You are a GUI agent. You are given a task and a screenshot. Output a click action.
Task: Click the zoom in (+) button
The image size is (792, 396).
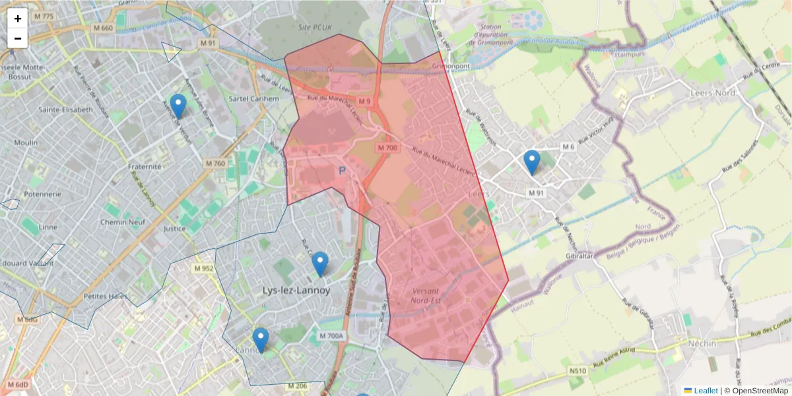(x=18, y=18)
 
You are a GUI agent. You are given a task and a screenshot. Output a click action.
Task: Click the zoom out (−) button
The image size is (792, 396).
(x=18, y=38)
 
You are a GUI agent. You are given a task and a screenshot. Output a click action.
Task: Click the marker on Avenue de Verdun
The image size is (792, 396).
(x=178, y=106)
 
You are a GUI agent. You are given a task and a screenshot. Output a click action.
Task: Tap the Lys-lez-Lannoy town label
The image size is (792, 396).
(x=296, y=290)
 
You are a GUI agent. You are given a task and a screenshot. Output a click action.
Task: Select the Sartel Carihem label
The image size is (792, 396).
(x=253, y=98)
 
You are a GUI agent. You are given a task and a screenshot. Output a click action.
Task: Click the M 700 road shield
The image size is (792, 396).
(x=387, y=148)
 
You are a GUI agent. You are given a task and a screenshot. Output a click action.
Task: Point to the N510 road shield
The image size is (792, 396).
(x=578, y=372)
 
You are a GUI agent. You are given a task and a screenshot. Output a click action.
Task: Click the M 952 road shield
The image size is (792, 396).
(x=204, y=269)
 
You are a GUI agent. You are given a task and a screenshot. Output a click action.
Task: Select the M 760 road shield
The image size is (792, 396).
(x=215, y=163)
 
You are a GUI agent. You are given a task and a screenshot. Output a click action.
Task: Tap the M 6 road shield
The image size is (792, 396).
(x=569, y=147)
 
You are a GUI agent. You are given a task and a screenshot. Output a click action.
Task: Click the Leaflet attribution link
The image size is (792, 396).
(x=705, y=391)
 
